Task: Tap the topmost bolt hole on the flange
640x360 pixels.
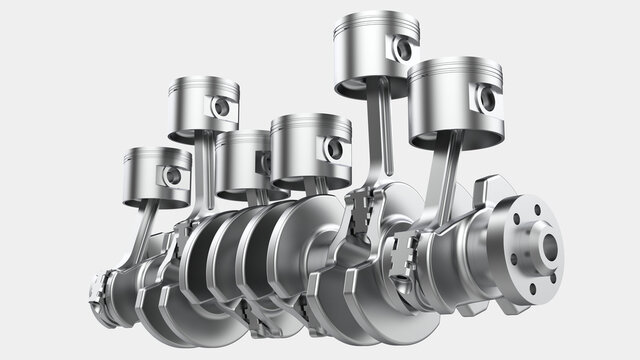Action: pyautogui.click(x=537, y=210)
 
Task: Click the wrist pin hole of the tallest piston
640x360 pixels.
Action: pyautogui.click(x=403, y=48)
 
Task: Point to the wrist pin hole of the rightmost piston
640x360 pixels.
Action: pyautogui.click(x=487, y=99)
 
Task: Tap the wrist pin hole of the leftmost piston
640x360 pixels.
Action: pyautogui.click(x=173, y=176)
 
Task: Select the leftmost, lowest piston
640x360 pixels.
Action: pyautogui.click(x=156, y=176)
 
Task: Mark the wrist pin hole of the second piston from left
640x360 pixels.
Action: pyautogui.click(x=221, y=106)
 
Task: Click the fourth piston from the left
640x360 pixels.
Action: pyautogui.click(x=310, y=150)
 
